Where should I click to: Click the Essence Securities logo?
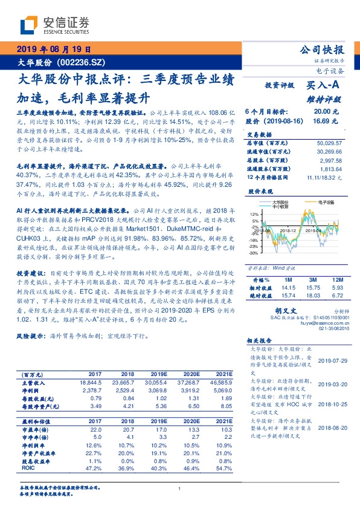[x=54, y=24]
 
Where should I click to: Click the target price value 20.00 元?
[x=321, y=112]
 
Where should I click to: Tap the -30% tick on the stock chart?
[x=253, y=253]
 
